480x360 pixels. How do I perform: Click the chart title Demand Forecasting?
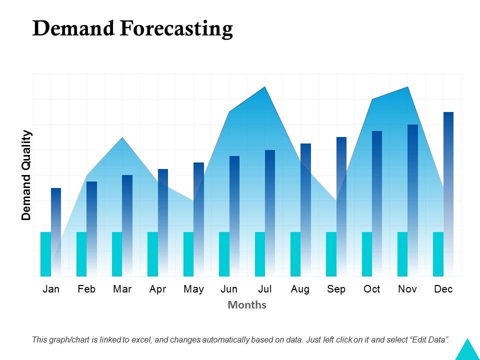click(x=132, y=29)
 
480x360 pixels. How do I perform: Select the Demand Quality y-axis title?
click(x=26, y=175)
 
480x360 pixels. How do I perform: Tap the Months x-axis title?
click(x=247, y=304)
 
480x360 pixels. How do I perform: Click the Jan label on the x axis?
click(x=51, y=289)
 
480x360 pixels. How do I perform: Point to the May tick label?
click(x=193, y=289)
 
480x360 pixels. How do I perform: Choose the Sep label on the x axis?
click(x=336, y=289)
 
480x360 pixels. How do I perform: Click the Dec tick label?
click(x=443, y=289)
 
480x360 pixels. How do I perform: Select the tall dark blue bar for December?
click(x=448, y=190)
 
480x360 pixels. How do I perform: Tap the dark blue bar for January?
click(x=56, y=225)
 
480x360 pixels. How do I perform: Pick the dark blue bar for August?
click(x=305, y=205)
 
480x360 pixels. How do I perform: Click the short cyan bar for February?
click(x=81, y=254)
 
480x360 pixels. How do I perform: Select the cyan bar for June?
click(x=224, y=254)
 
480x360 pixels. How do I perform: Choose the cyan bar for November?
click(x=402, y=254)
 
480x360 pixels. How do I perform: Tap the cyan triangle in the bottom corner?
click(x=467, y=350)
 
